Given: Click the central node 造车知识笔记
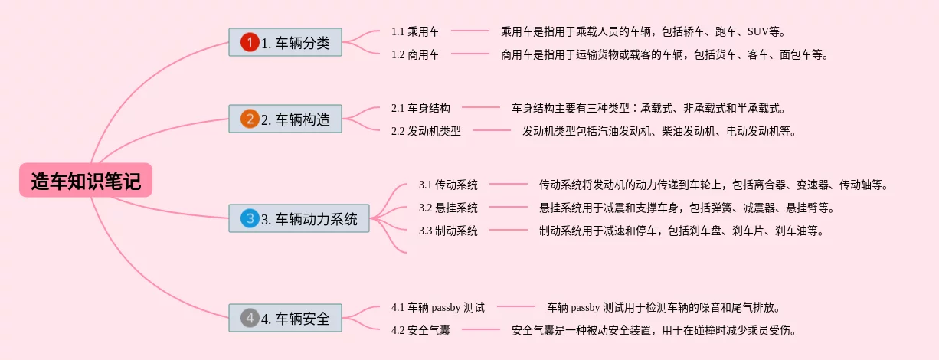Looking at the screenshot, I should click(x=86, y=181).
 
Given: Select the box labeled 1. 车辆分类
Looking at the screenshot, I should click(x=285, y=42).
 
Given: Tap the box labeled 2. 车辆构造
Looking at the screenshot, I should click(x=285, y=119).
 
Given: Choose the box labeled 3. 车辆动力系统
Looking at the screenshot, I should click(x=299, y=218).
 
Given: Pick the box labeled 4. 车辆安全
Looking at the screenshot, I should click(x=285, y=318).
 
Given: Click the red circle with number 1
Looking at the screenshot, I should click(x=250, y=42).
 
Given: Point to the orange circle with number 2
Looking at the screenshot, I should click(x=250, y=119).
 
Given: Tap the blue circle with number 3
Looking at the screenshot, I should click(x=250, y=218).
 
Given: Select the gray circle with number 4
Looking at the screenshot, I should click(x=250, y=318).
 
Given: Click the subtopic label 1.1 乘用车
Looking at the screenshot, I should click(x=415, y=31).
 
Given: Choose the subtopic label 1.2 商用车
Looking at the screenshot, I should click(x=415, y=54).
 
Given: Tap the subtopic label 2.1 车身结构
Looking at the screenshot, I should click(x=420, y=108).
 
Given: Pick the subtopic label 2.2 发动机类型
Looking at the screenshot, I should click(x=426, y=131).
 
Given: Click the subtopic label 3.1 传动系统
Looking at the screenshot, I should click(x=448, y=185).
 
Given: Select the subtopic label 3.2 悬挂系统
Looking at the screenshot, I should click(x=448, y=208).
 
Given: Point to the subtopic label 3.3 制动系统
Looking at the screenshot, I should click(x=448, y=231).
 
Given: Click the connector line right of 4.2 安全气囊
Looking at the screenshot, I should click(x=481, y=330).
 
